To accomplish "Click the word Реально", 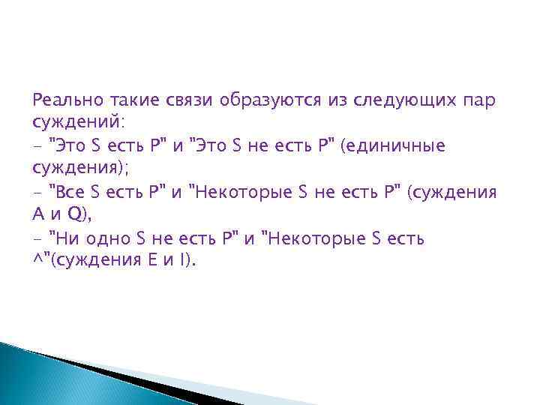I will pos(64,100).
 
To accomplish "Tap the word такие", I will pos(132,100).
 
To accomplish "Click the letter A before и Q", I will pos(40,216).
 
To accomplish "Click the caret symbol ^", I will pos(37,262).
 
